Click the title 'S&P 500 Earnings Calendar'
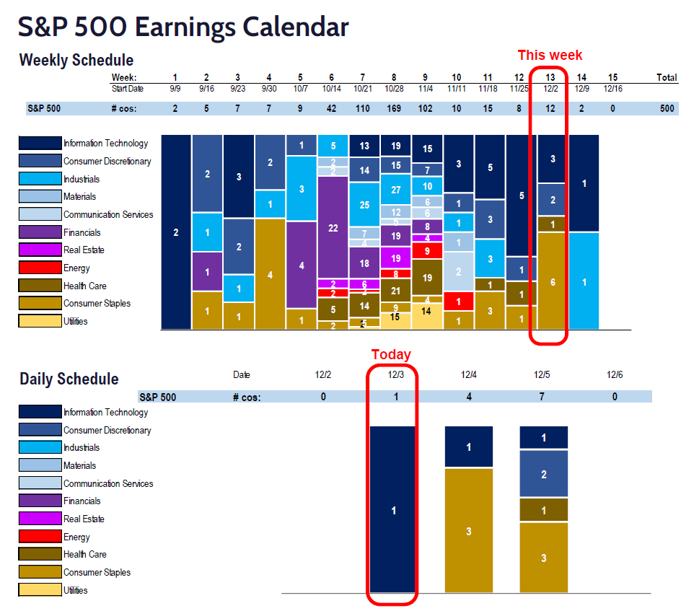coord(183,27)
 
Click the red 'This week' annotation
coord(549,56)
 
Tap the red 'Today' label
coord(391,354)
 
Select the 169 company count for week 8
coord(395,108)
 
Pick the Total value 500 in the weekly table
coord(667,108)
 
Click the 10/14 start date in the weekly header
coord(333,89)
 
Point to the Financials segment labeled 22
coord(333,227)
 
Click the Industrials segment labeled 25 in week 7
coord(364,204)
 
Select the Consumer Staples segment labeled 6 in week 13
coord(553,281)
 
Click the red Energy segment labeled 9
coord(427,251)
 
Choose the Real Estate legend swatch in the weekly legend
coord(40,250)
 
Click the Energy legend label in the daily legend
coord(76,537)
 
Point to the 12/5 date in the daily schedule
coord(542,374)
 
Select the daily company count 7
coord(542,397)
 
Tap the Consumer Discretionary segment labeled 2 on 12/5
coord(543,473)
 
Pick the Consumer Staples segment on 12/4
coord(469,530)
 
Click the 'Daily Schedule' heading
coord(69,379)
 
